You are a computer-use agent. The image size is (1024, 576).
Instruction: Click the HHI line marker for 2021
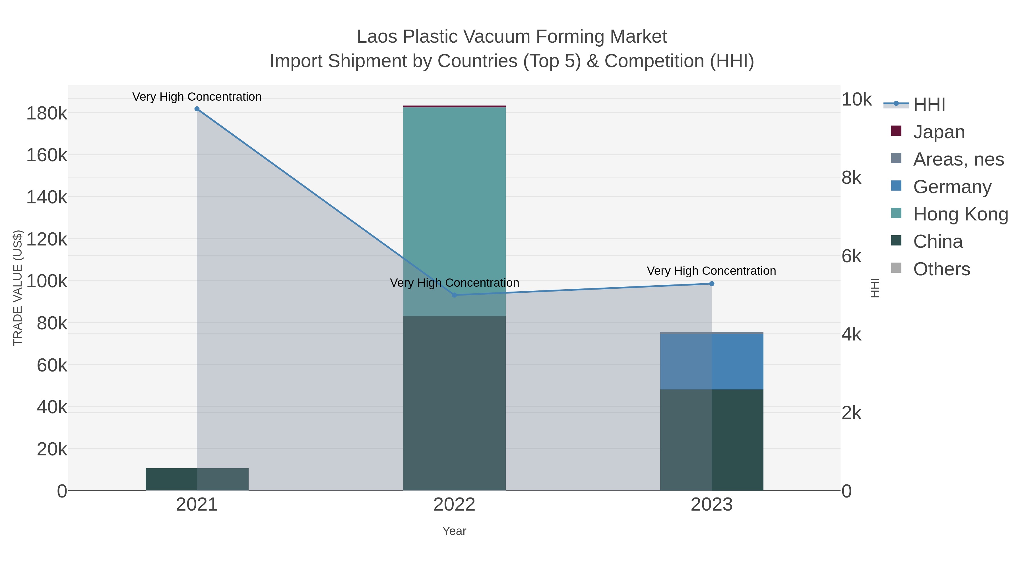point(197,109)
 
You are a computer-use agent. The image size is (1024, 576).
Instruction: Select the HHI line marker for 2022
point(454,295)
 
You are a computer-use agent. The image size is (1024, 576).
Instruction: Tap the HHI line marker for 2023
point(712,284)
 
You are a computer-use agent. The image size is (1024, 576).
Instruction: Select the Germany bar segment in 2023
point(712,361)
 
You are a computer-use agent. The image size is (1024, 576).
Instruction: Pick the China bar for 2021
point(197,479)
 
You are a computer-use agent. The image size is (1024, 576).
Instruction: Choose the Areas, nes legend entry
point(958,159)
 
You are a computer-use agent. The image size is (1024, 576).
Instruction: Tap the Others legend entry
point(941,269)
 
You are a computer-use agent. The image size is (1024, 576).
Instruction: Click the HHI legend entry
point(929,105)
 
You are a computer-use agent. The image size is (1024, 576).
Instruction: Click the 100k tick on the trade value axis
point(47,281)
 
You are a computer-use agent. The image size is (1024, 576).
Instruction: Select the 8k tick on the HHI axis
point(851,178)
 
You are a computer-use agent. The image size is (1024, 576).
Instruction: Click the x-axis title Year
point(454,531)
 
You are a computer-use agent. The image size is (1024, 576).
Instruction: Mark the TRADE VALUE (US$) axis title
point(18,288)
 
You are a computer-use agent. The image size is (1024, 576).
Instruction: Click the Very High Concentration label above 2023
point(711,271)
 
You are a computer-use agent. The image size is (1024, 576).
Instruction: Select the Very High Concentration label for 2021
point(197,97)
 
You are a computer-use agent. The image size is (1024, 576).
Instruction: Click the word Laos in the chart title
point(377,37)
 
